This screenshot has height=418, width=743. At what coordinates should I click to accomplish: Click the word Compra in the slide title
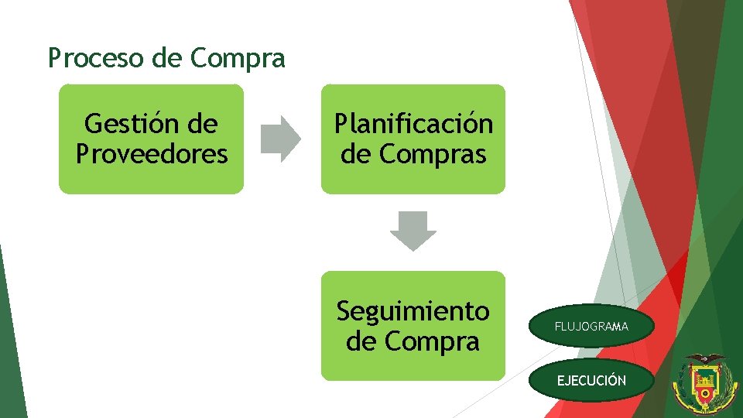tap(238, 58)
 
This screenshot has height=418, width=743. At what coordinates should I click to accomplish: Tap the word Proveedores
tap(152, 154)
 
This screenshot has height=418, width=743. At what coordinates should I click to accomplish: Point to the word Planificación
tap(413, 124)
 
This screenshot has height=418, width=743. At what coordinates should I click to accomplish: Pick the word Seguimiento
tap(413, 311)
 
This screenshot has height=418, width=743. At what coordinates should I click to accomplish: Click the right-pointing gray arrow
tap(280, 139)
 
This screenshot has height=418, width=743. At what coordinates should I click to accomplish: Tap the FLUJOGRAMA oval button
tap(591, 327)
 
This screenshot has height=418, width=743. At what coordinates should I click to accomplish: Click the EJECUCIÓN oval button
tap(591, 380)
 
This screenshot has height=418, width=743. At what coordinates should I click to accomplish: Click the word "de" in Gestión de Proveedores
tap(204, 124)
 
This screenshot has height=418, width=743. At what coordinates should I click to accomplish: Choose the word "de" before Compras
tap(356, 154)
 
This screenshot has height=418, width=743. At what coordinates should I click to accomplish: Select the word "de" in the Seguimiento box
tap(361, 341)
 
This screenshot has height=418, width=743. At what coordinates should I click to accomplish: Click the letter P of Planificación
tap(341, 124)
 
